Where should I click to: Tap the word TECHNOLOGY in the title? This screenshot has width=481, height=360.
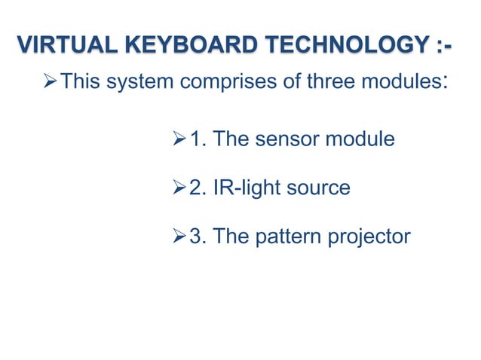(x=348, y=45)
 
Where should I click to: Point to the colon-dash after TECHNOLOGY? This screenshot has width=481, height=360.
(x=445, y=45)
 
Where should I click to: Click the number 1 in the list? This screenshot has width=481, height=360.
(x=197, y=139)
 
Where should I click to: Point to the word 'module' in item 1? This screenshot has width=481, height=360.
(x=360, y=139)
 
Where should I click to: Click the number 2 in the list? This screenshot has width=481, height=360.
(x=197, y=188)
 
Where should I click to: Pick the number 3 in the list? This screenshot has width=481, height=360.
(x=197, y=236)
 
